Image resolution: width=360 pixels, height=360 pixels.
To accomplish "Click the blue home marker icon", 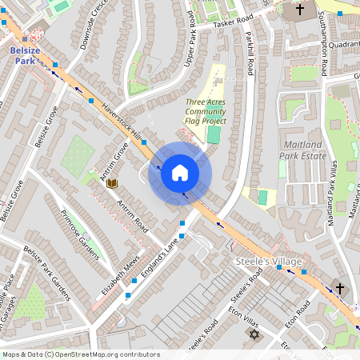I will (x=180, y=173).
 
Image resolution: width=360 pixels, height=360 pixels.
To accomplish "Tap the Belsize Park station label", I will (x=25, y=54).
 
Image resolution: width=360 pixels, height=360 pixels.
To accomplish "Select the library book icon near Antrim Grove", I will (x=112, y=184).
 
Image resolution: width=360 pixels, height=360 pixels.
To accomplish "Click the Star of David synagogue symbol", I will (x=255, y=334).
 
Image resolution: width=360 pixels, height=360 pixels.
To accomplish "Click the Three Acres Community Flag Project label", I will (x=206, y=111).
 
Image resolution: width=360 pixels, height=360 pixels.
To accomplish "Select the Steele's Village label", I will (x=268, y=262).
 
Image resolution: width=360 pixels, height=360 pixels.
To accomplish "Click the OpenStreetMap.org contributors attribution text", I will (x=104, y=354).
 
